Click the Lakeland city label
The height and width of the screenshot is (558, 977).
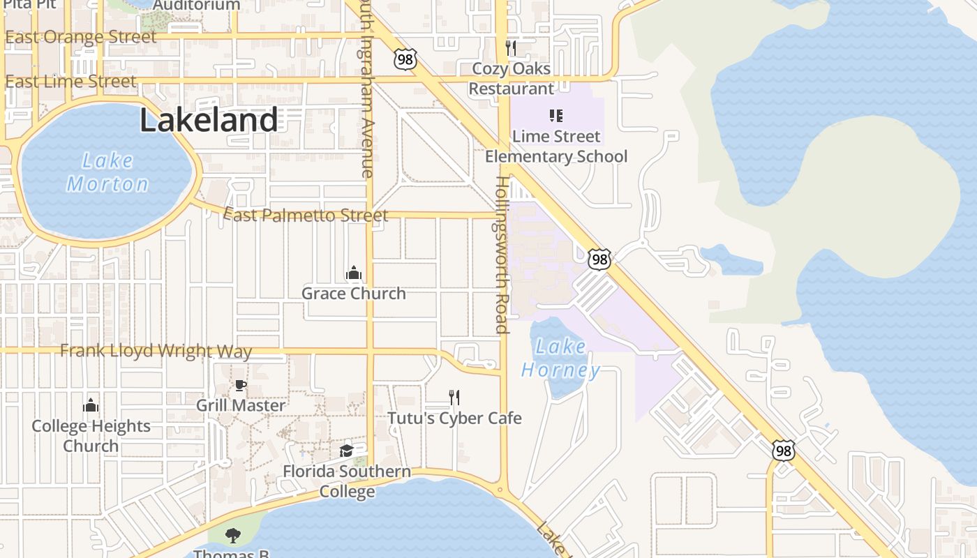[209, 120]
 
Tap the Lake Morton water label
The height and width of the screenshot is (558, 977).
[107, 172]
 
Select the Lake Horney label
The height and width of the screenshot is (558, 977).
[560, 358]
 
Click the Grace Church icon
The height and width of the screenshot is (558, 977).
[354, 273]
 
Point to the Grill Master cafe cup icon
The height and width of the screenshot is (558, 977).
[240, 385]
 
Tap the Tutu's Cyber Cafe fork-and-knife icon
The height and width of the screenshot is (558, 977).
[454, 398]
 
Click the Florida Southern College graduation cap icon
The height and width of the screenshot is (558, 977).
[346, 451]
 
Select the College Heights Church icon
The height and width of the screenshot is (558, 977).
[91, 405]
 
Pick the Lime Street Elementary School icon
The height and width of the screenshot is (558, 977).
[556, 115]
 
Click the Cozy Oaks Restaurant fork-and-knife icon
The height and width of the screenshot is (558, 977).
[511, 48]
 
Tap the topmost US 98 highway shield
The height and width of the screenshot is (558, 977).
[405, 59]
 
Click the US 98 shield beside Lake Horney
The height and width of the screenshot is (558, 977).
[599, 259]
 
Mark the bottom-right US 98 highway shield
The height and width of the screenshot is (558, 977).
[784, 451]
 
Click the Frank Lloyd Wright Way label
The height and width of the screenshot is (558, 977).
[156, 350]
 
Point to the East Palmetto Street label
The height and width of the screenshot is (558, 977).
[306, 216]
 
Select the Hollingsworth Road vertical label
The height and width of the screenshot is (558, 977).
[502, 255]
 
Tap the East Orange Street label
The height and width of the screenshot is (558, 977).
[81, 37]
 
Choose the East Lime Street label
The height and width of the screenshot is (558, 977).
[70, 82]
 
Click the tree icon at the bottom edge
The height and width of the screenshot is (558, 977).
[233, 536]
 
